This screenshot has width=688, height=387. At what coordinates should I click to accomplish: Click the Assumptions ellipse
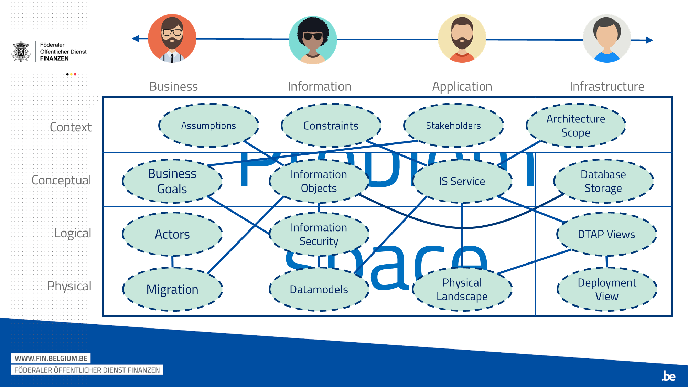208,126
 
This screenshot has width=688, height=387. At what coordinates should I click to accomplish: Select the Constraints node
331,126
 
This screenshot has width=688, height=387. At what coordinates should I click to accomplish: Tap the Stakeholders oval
453,126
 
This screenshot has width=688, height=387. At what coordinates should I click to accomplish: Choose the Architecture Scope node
576,126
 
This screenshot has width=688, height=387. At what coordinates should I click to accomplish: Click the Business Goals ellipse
172,181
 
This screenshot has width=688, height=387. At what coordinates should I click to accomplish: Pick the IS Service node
462,181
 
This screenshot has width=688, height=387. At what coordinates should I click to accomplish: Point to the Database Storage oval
603,181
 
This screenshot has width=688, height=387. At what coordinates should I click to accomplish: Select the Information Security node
319,234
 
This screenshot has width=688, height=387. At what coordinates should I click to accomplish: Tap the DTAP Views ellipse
606,234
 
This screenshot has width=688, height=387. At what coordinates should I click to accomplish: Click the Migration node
172,289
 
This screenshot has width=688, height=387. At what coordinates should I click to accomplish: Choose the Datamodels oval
319,289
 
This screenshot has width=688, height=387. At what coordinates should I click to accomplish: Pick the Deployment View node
607,289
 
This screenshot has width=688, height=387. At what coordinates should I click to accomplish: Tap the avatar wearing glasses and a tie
172,38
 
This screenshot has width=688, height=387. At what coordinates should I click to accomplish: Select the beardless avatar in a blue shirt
607,39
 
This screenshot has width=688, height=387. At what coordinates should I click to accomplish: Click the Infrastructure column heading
607,86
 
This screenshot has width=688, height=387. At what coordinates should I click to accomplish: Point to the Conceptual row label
61,180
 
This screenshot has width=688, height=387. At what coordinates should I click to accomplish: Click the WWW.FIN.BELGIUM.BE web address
51,358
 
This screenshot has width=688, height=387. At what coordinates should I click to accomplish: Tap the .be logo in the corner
668,376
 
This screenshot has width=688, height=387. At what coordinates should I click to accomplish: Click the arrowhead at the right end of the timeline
649,40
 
